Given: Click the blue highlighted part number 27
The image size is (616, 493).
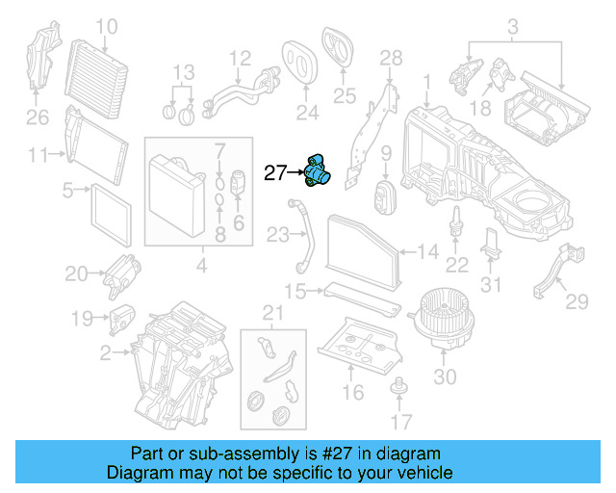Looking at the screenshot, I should (317, 171).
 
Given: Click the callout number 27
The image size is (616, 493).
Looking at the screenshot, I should (275, 173).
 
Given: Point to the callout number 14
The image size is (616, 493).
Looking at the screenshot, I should (428, 252).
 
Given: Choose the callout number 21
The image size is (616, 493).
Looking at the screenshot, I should (274, 312).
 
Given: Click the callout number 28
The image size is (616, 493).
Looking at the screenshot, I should (390, 60).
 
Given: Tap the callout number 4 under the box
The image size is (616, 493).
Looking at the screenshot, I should (200, 264).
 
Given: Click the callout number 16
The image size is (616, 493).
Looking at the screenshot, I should (352, 392).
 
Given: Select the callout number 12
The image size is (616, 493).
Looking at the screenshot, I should (240, 58).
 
